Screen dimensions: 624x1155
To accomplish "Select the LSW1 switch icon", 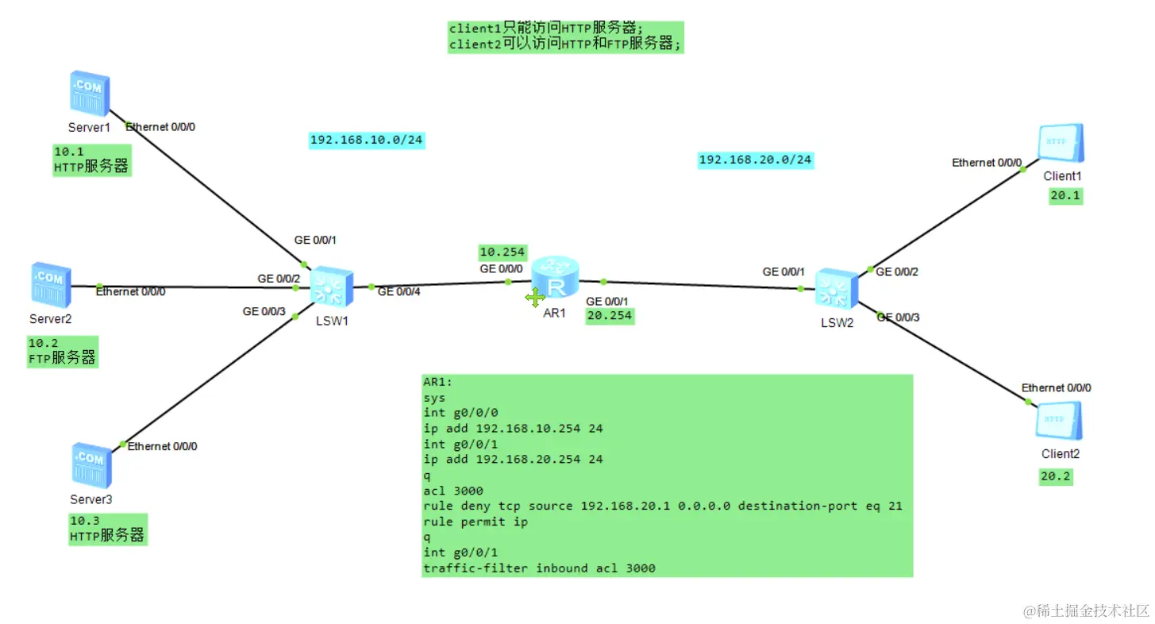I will pos(329,287).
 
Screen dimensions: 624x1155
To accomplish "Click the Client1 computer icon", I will pos(1061,144).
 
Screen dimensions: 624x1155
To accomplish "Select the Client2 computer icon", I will pos(1059,421).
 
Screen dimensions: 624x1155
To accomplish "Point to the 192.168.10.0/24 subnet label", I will pos(367,141).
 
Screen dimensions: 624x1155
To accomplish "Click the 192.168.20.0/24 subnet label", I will pos(755,160).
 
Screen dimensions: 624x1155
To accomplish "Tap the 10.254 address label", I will pos(502,252).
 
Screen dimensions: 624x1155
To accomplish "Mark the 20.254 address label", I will pos(610,315).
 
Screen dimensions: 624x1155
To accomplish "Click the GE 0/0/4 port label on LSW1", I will pos(398,291).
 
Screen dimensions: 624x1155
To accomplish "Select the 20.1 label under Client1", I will pos(1065,195).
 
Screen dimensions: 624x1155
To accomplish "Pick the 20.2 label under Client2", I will pos(1056,476).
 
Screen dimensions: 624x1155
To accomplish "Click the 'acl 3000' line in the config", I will pos(453,491).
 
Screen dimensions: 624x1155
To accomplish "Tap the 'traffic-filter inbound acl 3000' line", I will pos(540,568).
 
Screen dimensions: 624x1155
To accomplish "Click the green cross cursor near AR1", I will pos(535,298).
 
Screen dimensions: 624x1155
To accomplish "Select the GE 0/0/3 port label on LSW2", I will pos(899,317).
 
